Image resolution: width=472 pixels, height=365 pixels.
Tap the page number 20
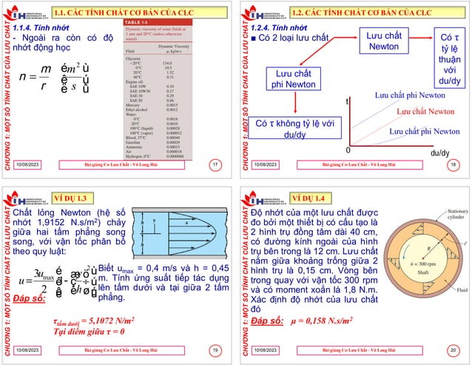451,348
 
